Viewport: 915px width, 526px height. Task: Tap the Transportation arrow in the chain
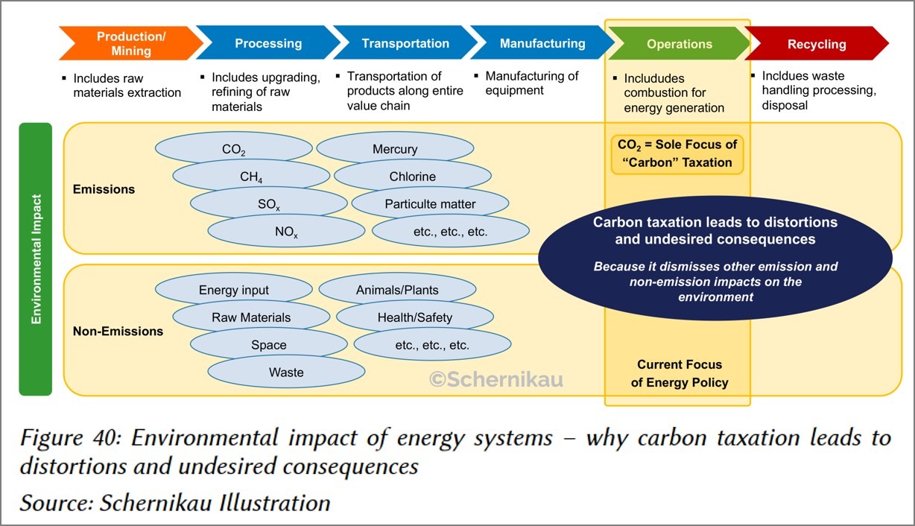[405, 43]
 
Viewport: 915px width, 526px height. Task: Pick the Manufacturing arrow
[542, 43]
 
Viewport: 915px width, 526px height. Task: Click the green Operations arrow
[679, 44]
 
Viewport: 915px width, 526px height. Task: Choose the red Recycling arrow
[817, 44]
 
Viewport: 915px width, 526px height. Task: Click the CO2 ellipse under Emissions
[233, 149]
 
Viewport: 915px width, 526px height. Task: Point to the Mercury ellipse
[395, 149]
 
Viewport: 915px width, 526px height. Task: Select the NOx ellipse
[286, 232]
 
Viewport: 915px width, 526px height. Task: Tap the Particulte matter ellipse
[430, 203]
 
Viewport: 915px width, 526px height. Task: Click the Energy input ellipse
[234, 290]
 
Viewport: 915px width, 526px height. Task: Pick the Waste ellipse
[286, 372]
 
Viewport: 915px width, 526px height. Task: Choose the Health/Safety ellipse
[414, 317]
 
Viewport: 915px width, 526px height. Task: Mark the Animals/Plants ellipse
[397, 290]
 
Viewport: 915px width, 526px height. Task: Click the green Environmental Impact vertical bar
[35, 259]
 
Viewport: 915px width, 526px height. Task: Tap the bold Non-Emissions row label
[118, 332]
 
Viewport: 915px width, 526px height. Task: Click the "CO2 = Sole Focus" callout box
[677, 153]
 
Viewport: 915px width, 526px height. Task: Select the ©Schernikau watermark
[496, 379]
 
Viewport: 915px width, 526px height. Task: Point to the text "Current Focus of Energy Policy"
[679, 373]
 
